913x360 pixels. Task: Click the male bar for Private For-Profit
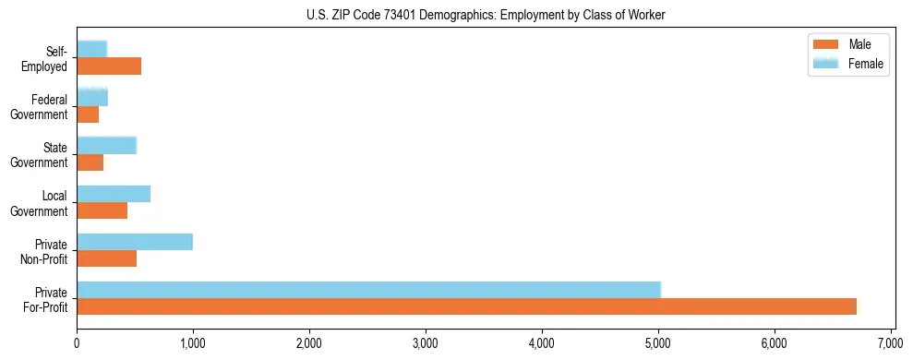[x=466, y=306]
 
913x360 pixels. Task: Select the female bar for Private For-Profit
[x=368, y=290]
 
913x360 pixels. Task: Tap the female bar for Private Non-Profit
[x=135, y=242]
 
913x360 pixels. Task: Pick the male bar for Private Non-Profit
[x=106, y=258]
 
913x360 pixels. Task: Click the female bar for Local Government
[x=114, y=194]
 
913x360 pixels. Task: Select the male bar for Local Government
[x=102, y=210]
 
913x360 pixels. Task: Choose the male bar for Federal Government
[x=88, y=114]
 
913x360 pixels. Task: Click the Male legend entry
[x=847, y=44]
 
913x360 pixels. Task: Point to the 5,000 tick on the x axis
[x=658, y=344]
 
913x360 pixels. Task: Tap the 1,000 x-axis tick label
[x=193, y=344]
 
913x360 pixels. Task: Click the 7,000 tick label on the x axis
[x=891, y=344]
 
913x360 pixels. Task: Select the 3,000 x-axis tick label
[x=426, y=344]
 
